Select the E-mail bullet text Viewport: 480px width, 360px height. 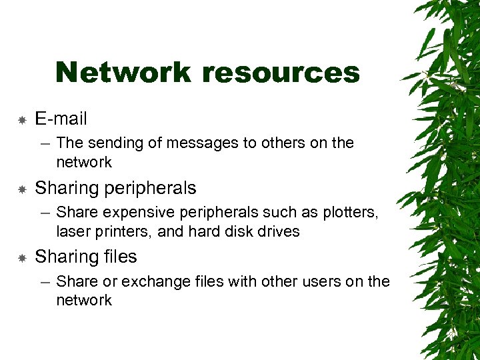point(61,119)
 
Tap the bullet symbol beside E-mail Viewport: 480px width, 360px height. point(22,120)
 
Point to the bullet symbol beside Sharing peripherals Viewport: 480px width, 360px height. point(22,189)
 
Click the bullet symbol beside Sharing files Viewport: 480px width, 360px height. point(22,258)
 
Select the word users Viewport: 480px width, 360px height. point(317,281)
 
